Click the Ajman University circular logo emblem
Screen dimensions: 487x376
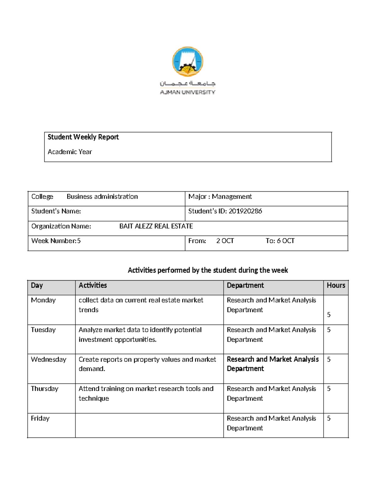click(x=188, y=61)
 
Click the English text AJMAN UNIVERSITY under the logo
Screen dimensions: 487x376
click(x=187, y=92)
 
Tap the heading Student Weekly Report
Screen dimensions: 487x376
click(x=83, y=137)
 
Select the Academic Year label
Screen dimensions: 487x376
click(x=70, y=152)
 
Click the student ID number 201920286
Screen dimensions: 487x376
click(x=245, y=211)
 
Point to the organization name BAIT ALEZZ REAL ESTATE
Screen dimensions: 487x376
click(x=156, y=226)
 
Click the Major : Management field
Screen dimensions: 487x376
click(x=220, y=197)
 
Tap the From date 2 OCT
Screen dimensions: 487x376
click(x=225, y=241)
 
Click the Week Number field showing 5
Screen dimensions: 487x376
click(x=56, y=241)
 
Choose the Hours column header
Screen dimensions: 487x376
click(x=336, y=285)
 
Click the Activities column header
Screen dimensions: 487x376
click(x=93, y=285)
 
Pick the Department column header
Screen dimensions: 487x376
click(x=245, y=285)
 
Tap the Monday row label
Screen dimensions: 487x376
click(x=43, y=300)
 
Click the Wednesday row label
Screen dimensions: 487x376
click(x=49, y=359)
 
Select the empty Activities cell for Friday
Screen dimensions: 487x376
click(x=149, y=425)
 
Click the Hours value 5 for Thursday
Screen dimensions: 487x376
click(x=329, y=389)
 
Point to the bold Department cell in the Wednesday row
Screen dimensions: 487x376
click(x=272, y=364)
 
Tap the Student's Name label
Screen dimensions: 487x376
click(x=56, y=211)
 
